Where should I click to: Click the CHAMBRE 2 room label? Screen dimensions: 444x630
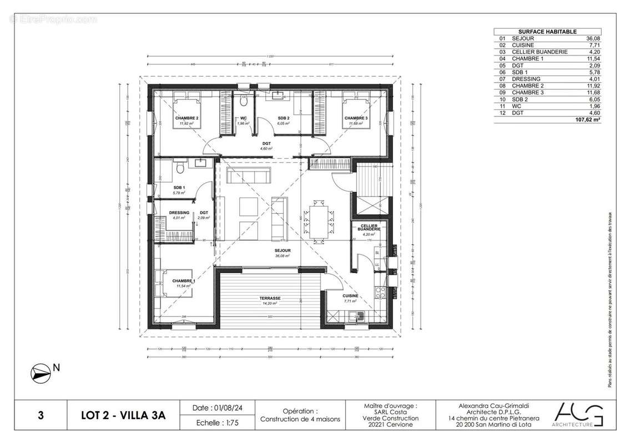point(187,119)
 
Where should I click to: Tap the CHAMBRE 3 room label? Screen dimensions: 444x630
point(356,119)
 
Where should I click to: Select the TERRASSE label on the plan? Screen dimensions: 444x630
point(271,298)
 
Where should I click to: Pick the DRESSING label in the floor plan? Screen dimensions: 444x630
point(179,213)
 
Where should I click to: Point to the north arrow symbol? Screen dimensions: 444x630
point(41,373)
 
